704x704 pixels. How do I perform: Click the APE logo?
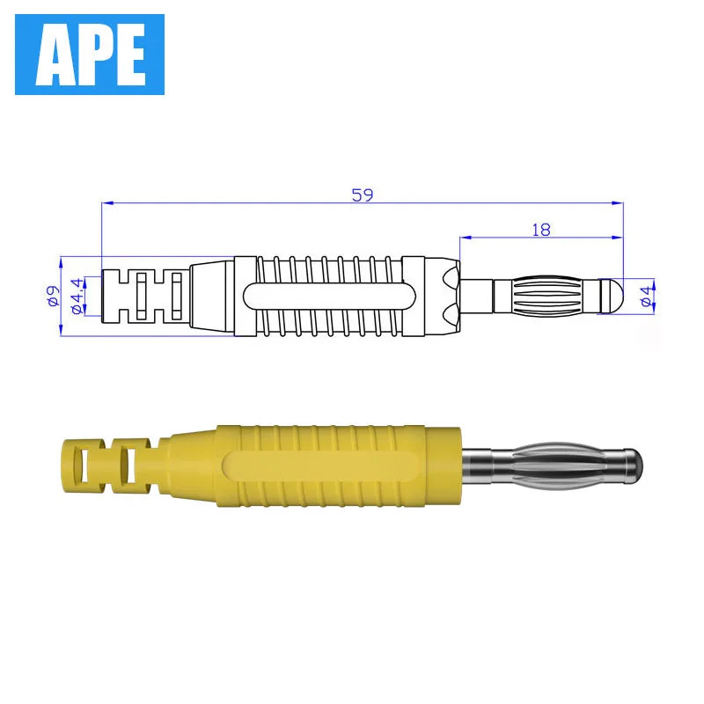click(x=90, y=55)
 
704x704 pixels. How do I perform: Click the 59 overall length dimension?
click(x=363, y=195)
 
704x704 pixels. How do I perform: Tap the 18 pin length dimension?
click(x=541, y=230)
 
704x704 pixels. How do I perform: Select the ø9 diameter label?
click(x=53, y=296)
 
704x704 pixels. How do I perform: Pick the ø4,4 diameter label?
click(x=77, y=296)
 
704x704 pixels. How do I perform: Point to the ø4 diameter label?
click(x=647, y=297)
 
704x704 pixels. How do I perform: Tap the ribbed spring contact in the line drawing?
click(x=546, y=296)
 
